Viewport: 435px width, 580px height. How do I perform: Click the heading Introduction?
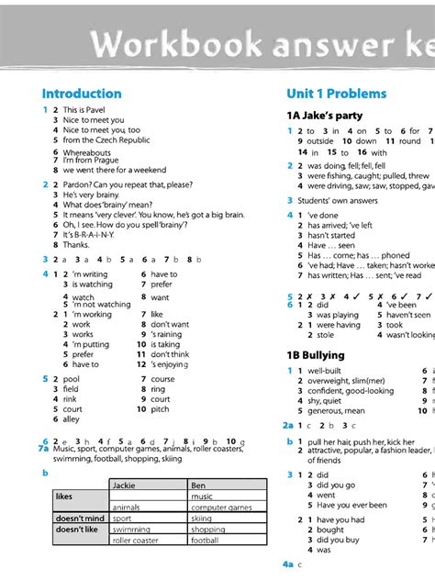tap(82, 94)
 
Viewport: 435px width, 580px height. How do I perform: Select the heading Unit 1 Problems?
tap(336, 94)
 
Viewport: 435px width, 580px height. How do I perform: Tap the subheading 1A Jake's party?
tap(324, 116)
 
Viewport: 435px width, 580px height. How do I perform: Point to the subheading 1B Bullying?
tap(316, 355)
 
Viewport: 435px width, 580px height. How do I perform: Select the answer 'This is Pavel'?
tap(85, 110)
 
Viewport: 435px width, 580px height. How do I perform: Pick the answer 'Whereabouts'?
tap(87, 152)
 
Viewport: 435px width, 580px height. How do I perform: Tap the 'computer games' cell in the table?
tap(221, 507)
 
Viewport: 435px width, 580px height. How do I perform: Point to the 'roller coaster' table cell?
tap(134, 541)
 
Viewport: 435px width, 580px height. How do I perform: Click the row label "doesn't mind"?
tap(79, 519)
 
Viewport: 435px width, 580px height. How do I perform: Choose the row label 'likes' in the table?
tap(64, 496)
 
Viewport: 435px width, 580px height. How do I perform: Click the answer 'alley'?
tap(72, 419)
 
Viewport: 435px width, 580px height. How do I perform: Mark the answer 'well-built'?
tap(326, 371)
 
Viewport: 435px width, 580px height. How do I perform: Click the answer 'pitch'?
tap(161, 409)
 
